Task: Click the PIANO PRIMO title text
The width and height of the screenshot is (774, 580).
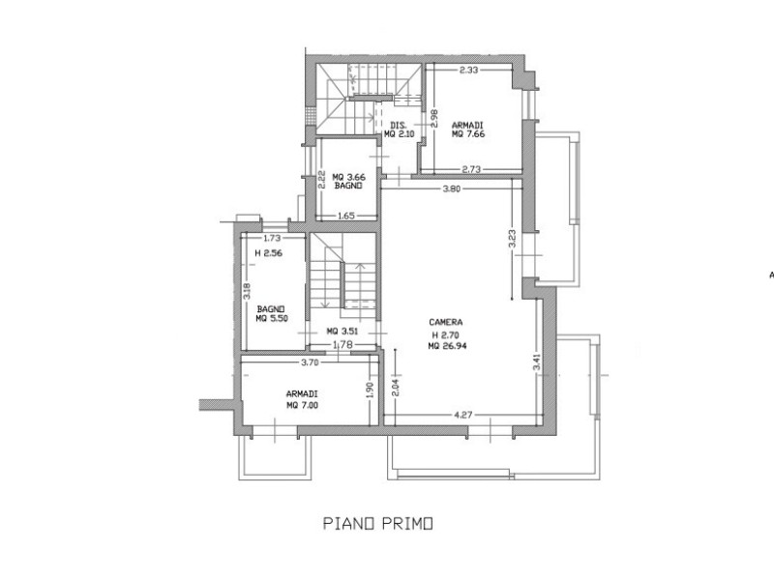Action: point(378,523)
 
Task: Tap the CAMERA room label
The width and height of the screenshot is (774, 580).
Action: point(446,322)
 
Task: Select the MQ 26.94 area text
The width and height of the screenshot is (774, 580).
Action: point(447,346)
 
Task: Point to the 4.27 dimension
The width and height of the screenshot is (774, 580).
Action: point(462,415)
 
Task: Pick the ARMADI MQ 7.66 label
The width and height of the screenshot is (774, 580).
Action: point(468,130)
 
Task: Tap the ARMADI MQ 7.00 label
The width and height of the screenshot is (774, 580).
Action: point(302,399)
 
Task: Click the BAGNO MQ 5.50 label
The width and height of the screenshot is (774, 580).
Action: point(272,313)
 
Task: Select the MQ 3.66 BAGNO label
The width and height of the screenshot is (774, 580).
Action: point(348,181)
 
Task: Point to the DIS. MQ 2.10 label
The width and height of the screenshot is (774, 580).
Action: point(399,130)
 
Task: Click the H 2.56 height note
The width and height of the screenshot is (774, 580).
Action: point(269,253)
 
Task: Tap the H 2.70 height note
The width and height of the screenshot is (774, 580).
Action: point(446,333)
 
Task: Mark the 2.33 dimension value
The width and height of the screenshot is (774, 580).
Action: point(468,70)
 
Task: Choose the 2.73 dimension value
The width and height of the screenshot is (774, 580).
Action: point(471,168)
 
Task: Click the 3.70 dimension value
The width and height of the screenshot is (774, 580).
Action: point(310,362)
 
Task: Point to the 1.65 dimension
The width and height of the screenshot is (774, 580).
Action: point(346,215)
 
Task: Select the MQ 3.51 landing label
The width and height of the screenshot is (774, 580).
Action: point(342,332)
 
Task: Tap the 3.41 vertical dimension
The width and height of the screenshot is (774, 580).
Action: point(537,362)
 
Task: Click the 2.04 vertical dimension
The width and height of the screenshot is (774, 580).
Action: point(395,387)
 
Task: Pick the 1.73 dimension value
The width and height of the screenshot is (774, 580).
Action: point(272,238)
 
